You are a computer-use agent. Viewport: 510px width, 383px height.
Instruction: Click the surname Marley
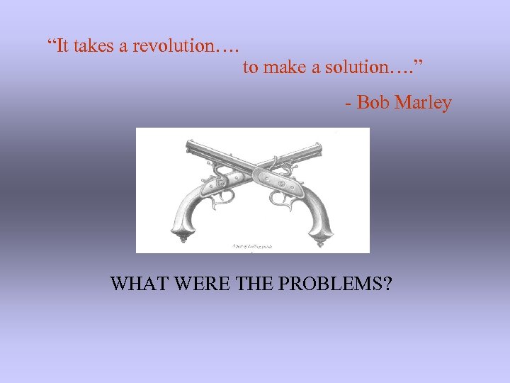coord(423,103)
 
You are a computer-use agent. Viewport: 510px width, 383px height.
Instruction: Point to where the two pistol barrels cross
coord(253,169)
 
